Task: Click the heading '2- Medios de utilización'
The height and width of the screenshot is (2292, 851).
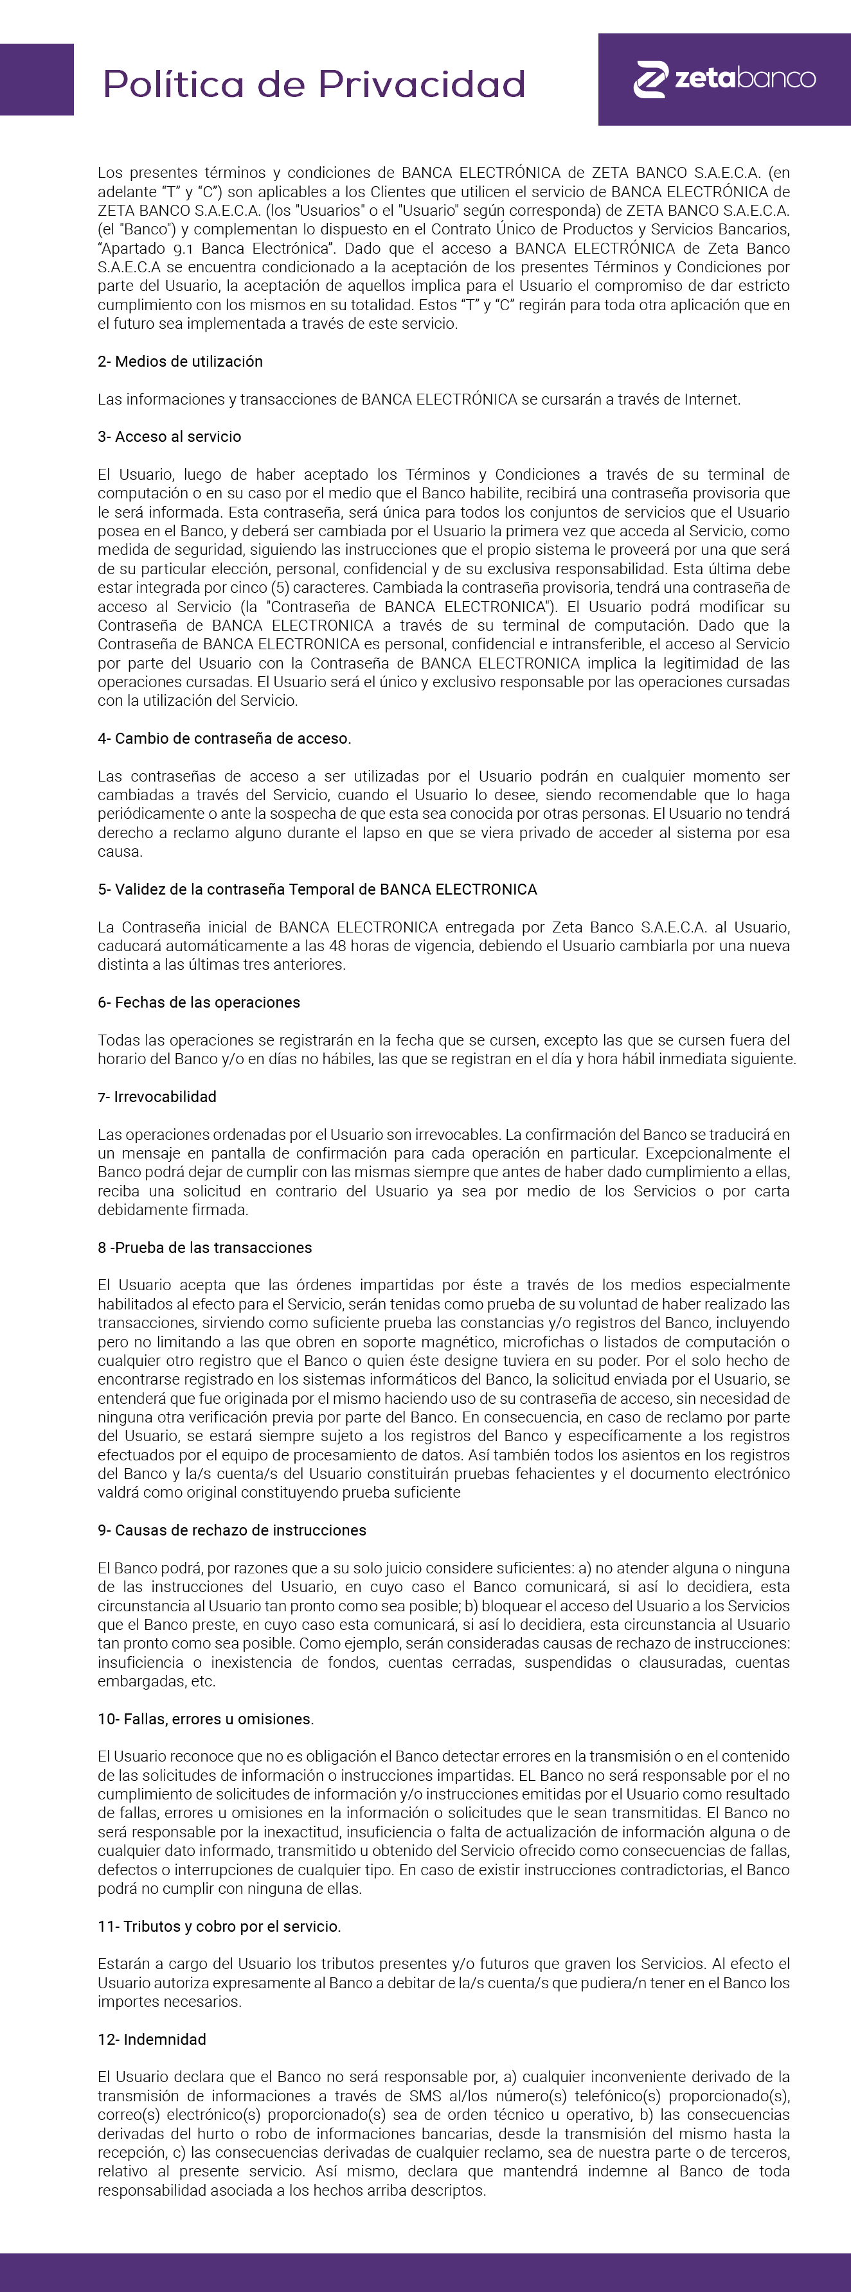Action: point(180,362)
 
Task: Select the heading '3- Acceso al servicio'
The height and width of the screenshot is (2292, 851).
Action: point(169,436)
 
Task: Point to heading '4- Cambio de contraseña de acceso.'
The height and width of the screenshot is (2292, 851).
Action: point(224,738)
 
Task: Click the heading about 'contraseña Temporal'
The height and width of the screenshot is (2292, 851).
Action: point(317,889)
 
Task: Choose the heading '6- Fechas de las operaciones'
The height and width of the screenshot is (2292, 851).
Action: point(199,1002)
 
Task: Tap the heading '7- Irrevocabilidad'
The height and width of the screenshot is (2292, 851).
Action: point(157,1096)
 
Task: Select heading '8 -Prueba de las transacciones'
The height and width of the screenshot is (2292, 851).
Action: point(205,1247)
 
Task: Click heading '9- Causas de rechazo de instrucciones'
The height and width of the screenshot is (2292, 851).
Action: point(231,1530)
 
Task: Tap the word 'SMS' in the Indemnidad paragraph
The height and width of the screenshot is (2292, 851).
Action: point(425,2095)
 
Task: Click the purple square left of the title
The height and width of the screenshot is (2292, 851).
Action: point(37,79)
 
